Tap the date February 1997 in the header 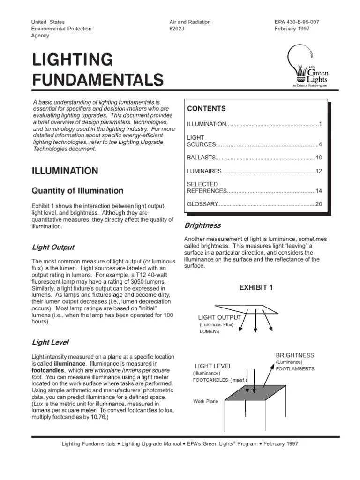coord(292,29)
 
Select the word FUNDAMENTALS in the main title coord(97,80)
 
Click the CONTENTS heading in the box coord(206,109)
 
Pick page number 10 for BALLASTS coord(319,158)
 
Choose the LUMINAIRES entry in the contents coord(204,172)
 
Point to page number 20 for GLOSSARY coord(319,204)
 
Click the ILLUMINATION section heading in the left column coord(65,171)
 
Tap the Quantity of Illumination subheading coord(77,191)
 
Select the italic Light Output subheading coord(53,247)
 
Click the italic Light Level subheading coord(50,343)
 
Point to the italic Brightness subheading coord(202,225)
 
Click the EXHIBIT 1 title coord(255,288)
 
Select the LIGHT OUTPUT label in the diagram coord(219,318)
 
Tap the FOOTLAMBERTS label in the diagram coord(295,369)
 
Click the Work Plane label coord(205,401)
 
